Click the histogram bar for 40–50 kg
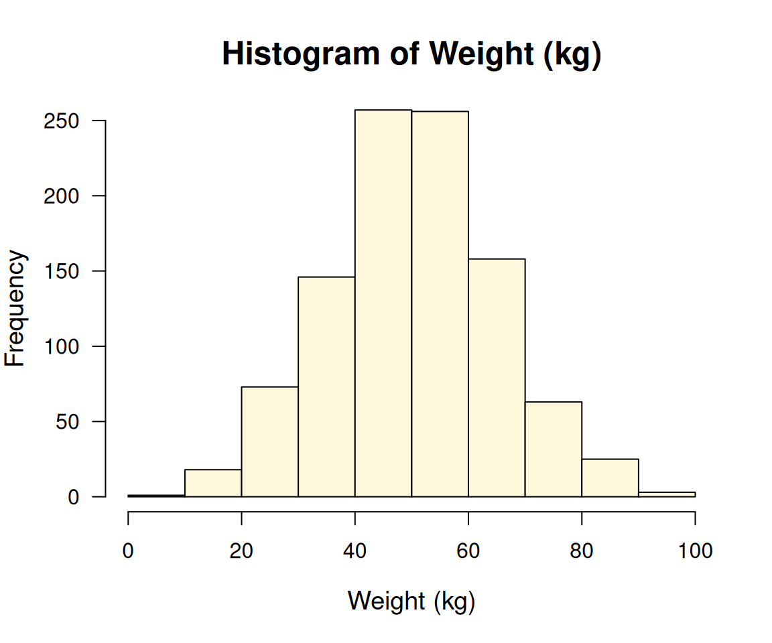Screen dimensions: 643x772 point(383,303)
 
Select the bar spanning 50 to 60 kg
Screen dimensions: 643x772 point(440,303)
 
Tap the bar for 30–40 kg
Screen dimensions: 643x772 point(326,386)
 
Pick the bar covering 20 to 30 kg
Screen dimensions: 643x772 point(269,441)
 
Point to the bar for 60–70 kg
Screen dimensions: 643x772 point(497,377)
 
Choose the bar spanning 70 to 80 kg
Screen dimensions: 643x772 point(554,449)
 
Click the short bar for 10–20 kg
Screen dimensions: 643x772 point(213,484)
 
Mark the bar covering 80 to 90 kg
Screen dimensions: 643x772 point(610,478)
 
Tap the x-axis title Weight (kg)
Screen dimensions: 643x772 point(411,601)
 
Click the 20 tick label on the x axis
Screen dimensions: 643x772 point(241,552)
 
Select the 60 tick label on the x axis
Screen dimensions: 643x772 point(468,552)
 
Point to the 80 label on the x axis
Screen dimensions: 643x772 point(582,552)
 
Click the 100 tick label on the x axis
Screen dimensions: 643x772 point(695,552)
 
